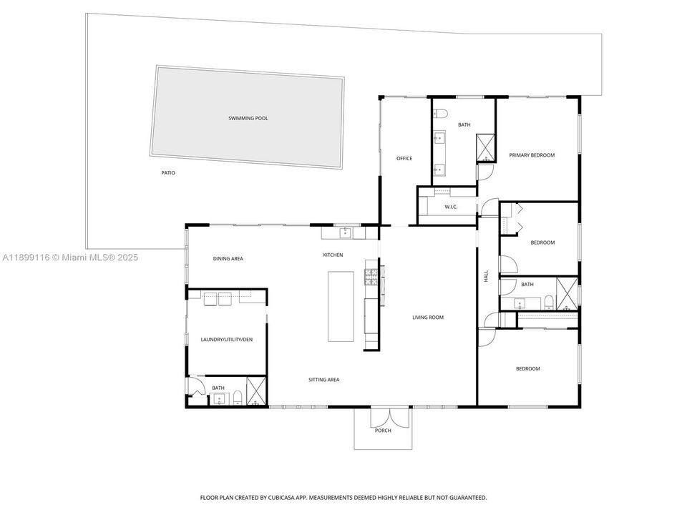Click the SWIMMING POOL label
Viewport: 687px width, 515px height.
pos(248,118)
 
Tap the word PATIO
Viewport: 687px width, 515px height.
pos(167,173)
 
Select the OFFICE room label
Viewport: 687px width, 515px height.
pos(404,158)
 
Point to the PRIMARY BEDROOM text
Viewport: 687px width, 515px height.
pos(532,155)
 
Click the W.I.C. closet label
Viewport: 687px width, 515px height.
pos(451,207)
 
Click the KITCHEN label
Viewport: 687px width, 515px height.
pos(333,255)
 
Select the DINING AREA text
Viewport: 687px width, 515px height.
pos(228,258)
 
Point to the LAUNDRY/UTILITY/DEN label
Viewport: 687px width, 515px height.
pos(227,339)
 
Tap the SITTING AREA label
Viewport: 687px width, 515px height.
pos(323,380)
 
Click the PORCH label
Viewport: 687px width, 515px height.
pos(383,431)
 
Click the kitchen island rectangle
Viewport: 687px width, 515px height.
pos(341,306)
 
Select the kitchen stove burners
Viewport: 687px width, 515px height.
pos(371,276)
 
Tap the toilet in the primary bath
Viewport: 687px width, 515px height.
pos(441,113)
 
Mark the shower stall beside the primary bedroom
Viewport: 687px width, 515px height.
pos(487,148)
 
